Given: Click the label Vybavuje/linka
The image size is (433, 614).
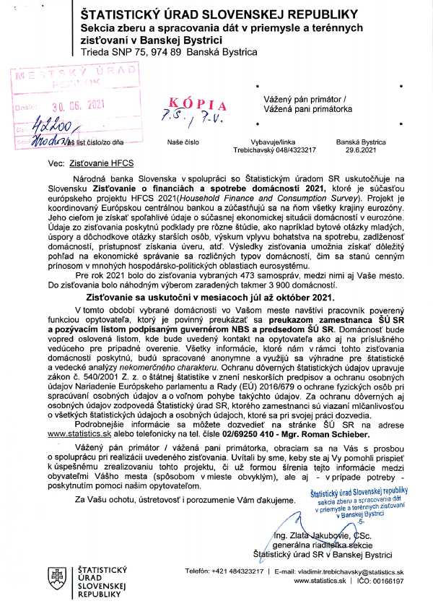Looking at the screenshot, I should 276,143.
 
